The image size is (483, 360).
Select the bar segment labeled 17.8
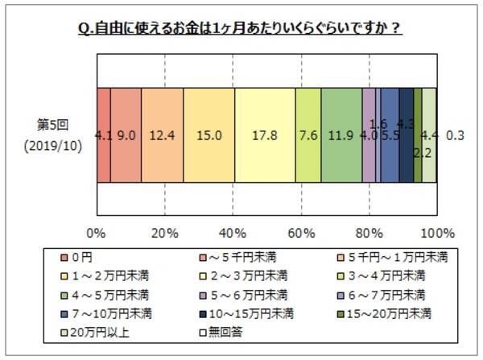point(265,136)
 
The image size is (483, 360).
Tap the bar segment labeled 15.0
point(208,136)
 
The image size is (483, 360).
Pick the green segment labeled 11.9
point(341,136)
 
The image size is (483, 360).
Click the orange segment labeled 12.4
point(162,136)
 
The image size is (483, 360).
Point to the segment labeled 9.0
point(126,136)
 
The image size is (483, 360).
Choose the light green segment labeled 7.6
point(308,136)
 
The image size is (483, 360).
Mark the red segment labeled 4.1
point(103,136)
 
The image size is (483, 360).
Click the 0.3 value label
point(456,136)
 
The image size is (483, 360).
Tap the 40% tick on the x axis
point(233,234)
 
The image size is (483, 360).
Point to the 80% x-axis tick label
point(369,234)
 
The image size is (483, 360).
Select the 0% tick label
point(96,234)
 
